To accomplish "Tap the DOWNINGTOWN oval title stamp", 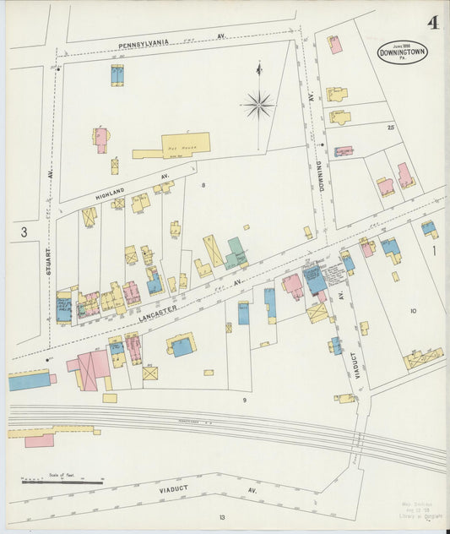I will (403, 52).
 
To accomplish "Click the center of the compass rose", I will (258, 105).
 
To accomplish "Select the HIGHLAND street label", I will (109, 193).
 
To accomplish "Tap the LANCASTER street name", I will (158, 313).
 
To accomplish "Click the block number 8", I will (203, 184).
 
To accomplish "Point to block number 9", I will (244, 399).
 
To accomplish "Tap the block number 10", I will (413, 311).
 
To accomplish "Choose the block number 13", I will (221, 517).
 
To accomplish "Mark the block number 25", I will (390, 128).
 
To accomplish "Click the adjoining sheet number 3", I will (24, 231).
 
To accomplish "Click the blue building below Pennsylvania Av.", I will (117, 75).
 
